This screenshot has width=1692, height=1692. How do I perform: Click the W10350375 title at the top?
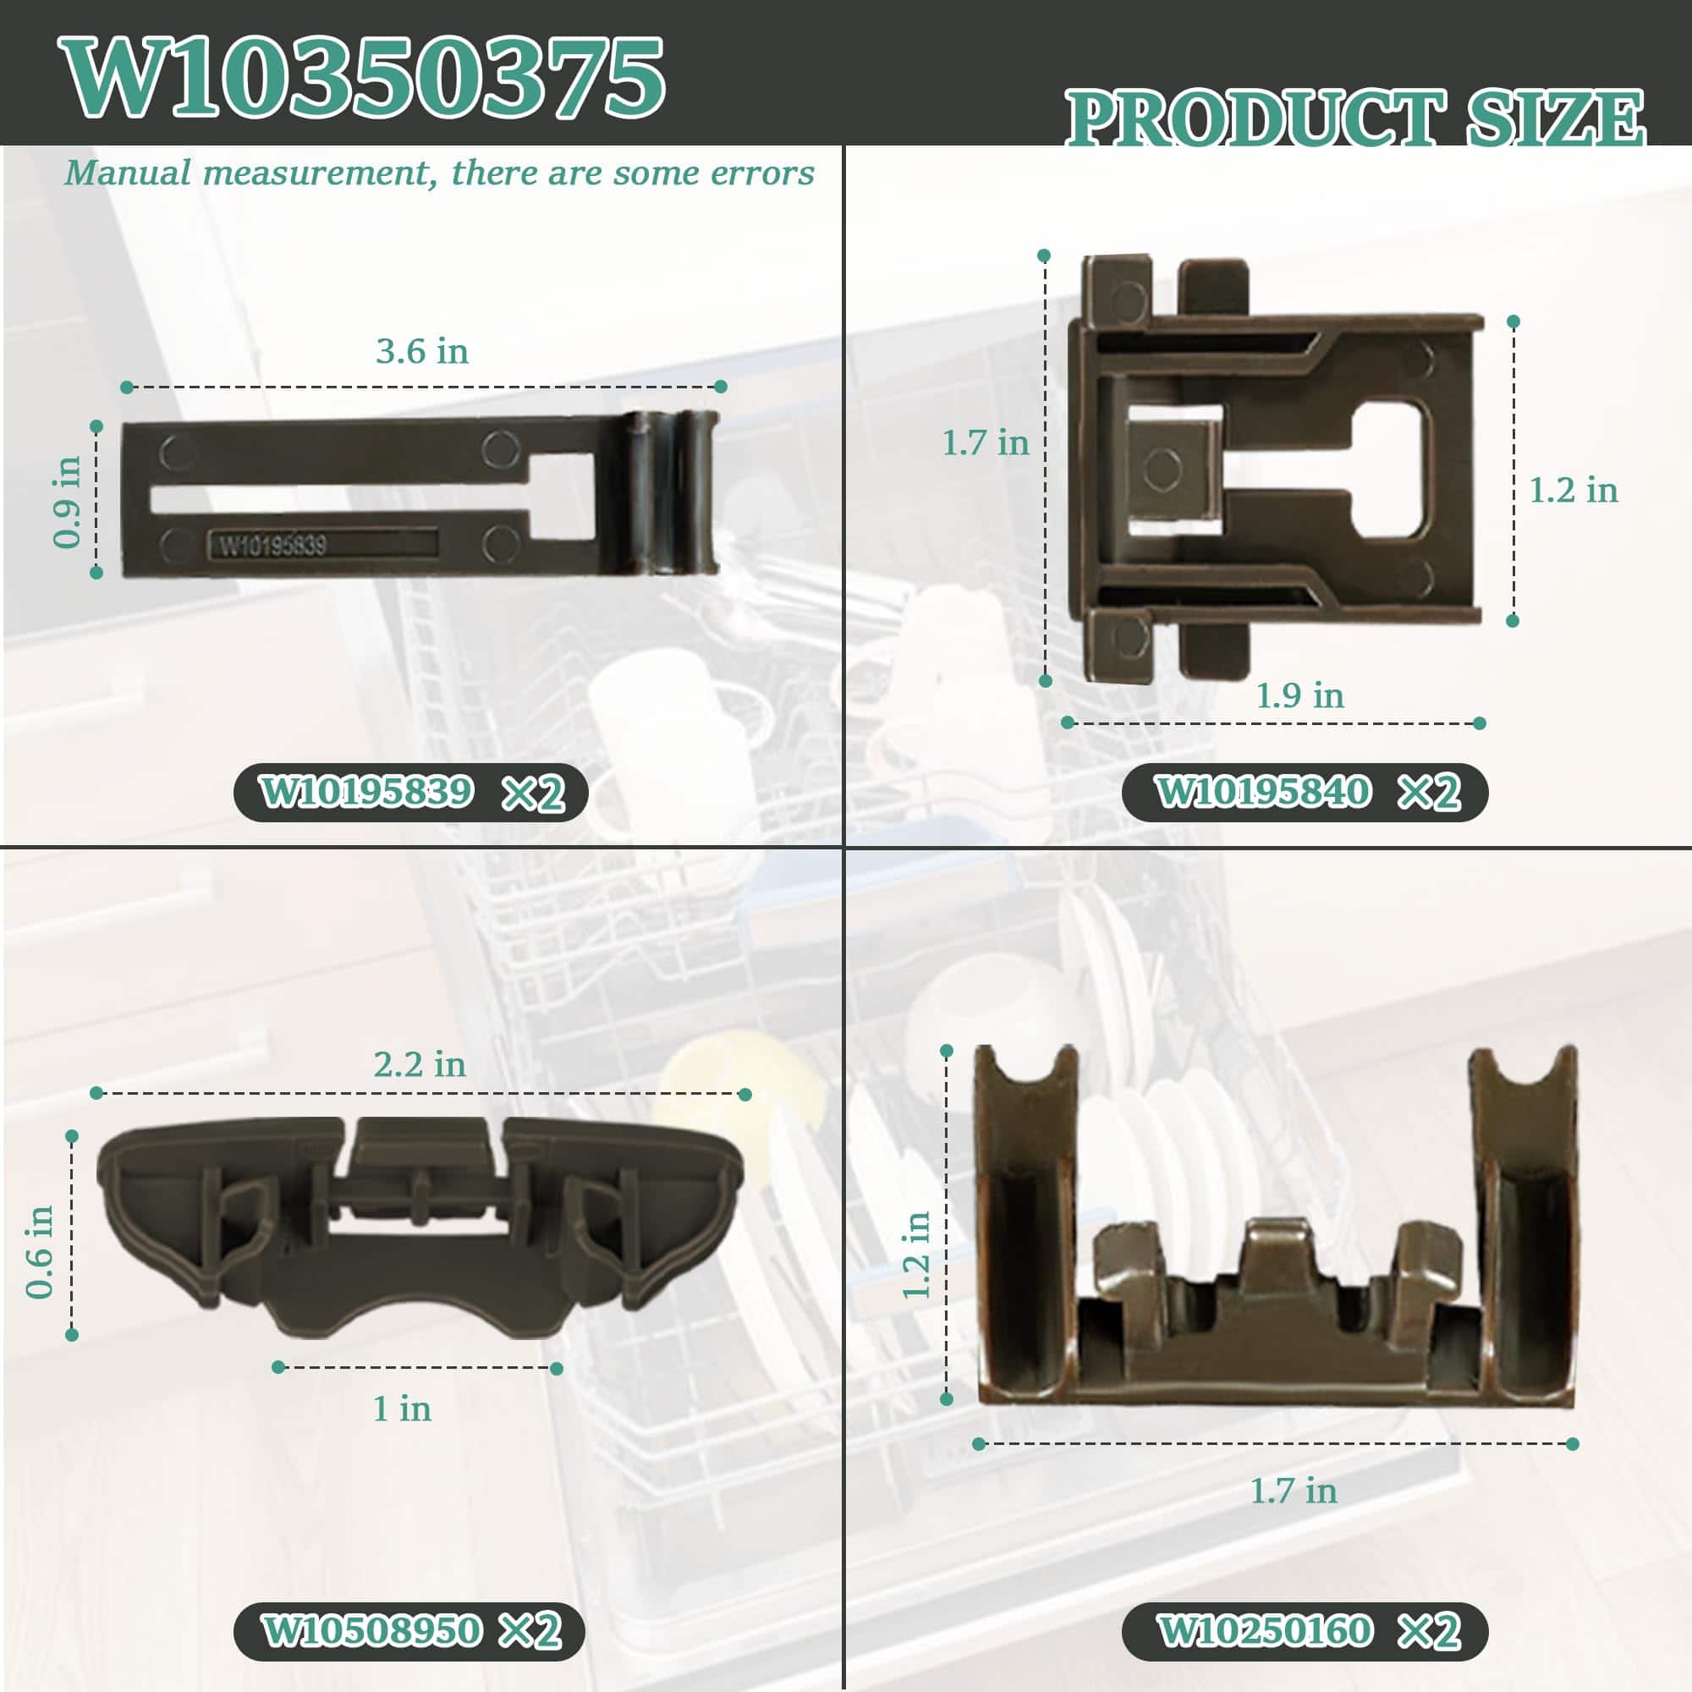pos(363,78)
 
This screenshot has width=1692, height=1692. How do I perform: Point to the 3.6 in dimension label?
pos(422,351)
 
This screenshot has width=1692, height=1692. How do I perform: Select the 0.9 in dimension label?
pos(68,502)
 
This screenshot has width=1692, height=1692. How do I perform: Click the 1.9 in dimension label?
pos(1299,695)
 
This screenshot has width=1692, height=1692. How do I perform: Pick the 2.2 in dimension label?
pos(420,1064)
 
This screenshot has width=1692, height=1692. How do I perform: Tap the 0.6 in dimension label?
pos(41,1251)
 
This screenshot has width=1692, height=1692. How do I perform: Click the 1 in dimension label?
pos(402,1409)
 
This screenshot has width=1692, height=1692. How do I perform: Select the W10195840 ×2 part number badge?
pos(1305,793)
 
